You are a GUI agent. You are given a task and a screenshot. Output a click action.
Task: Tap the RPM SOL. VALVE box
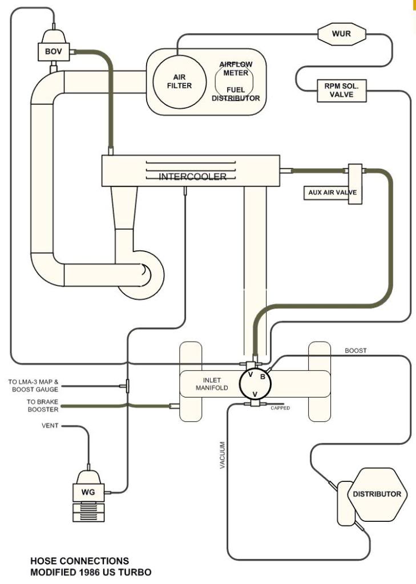tap(343, 91)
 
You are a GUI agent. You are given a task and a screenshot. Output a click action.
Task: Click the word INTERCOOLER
tap(192, 176)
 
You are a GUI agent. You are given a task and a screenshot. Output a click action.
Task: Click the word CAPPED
tap(280, 407)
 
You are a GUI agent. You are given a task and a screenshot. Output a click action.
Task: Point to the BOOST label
tap(356, 350)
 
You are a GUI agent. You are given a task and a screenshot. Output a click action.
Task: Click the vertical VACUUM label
tap(222, 455)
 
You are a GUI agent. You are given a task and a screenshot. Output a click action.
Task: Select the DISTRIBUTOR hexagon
tap(377, 494)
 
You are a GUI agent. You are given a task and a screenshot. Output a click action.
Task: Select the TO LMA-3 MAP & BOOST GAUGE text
tap(34, 386)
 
